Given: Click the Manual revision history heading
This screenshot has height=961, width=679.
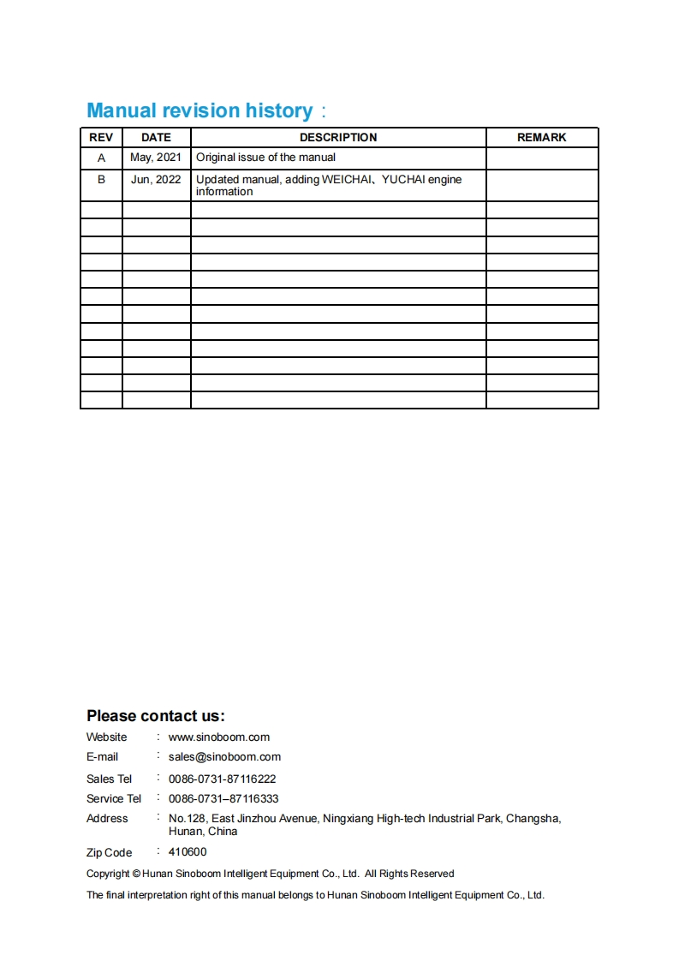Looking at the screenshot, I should click(x=200, y=110).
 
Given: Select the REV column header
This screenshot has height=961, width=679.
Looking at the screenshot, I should click(x=101, y=137).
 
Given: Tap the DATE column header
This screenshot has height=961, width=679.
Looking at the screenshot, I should click(x=156, y=137).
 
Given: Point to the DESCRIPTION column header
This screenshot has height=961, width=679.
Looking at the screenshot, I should click(x=338, y=137).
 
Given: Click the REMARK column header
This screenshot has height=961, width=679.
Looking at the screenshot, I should click(x=541, y=137).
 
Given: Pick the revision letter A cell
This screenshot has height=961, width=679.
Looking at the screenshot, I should click(x=101, y=158).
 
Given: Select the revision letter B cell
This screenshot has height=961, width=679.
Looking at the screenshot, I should click(x=101, y=180).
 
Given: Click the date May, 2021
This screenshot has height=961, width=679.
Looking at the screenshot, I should click(x=156, y=158).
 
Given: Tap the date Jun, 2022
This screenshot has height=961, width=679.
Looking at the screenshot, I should click(x=156, y=180).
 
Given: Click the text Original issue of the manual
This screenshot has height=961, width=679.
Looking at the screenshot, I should click(x=265, y=158).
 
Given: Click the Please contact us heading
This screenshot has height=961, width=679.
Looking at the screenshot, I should click(x=155, y=716).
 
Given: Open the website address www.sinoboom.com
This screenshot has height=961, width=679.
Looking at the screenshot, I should click(x=219, y=737).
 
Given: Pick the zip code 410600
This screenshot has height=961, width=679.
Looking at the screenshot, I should click(x=188, y=852).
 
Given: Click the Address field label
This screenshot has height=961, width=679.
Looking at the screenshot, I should click(x=107, y=819).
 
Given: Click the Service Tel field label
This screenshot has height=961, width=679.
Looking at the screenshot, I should click(x=114, y=799).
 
